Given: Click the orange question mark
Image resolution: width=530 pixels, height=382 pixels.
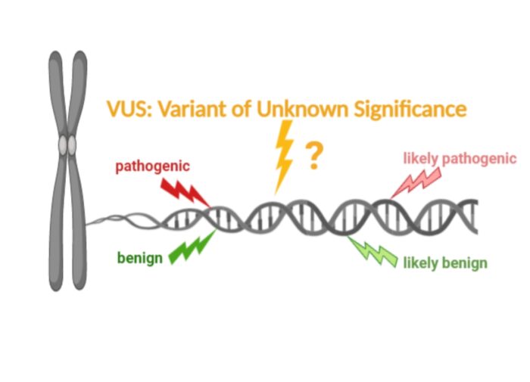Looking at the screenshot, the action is point(314,156).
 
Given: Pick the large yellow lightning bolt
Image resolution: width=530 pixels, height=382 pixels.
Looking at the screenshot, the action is point(284,157).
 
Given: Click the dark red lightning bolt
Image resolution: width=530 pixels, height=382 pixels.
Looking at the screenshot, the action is point(185,193).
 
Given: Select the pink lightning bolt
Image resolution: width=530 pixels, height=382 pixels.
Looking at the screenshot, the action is point(416,183).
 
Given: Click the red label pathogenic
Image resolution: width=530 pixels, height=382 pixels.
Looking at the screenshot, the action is point(152,166).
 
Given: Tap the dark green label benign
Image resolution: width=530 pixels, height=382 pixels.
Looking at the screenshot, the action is point(140,259).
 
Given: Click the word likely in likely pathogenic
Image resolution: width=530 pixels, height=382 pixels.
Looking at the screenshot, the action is point(421,158).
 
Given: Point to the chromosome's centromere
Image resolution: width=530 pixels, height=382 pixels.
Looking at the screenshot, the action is point(67,145).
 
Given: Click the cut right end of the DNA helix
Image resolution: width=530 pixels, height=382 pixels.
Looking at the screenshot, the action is point(476,216).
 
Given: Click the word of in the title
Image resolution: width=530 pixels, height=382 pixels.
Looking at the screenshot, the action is point(241,109).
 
